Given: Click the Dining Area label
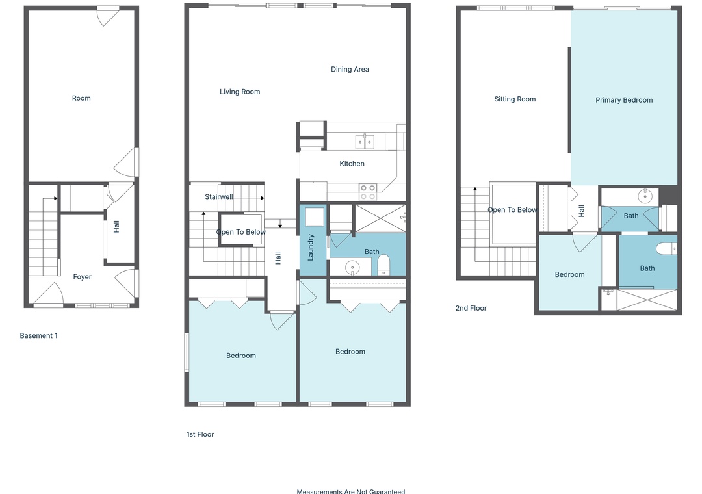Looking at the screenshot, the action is click(350, 69).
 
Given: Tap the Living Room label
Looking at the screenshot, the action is click(239, 92).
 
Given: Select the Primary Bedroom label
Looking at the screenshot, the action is click(623, 100).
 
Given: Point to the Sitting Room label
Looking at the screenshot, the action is click(515, 99).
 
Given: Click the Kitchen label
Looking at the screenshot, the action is click(352, 164).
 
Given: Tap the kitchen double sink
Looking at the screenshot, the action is click(365, 142).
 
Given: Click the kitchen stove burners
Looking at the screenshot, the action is click(367, 192).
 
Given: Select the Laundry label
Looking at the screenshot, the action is click(311, 247).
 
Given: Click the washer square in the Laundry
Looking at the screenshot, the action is click(315, 216).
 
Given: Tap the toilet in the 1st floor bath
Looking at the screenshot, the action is click(383, 265).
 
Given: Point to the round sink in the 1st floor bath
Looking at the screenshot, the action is click(352, 268).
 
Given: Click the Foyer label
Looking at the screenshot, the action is click(82, 277).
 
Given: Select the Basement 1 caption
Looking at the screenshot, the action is click(38, 335).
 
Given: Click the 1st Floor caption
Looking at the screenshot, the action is click(200, 434).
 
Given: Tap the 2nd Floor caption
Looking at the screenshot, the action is click(471, 308).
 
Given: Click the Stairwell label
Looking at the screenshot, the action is click(218, 196).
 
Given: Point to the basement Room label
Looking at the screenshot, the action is click(81, 98).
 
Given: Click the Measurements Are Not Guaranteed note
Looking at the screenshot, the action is click(350, 491).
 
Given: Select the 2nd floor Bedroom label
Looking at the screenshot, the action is click(569, 274).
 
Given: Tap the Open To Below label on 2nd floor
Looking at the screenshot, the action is click(512, 209).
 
